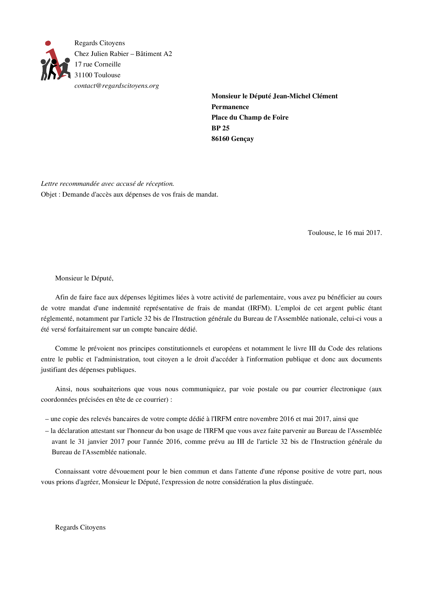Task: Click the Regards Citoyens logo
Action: [x=55, y=61]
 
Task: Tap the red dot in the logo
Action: [x=48, y=43]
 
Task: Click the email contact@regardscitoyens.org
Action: [x=117, y=86]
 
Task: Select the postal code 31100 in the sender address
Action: [x=84, y=75]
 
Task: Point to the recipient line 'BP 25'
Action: [x=220, y=128]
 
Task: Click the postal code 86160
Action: [x=220, y=139]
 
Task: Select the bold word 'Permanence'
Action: [x=230, y=107]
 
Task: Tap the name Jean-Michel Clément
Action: [x=305, y=96]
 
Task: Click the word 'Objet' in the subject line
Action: [x=49, y=195]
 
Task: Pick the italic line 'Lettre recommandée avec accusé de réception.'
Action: [x=107, y=184]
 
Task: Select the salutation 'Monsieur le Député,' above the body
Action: [x=84, y=278]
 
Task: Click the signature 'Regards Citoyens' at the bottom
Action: [x=80, y=528]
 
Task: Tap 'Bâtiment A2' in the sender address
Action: [x=154, y=54]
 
